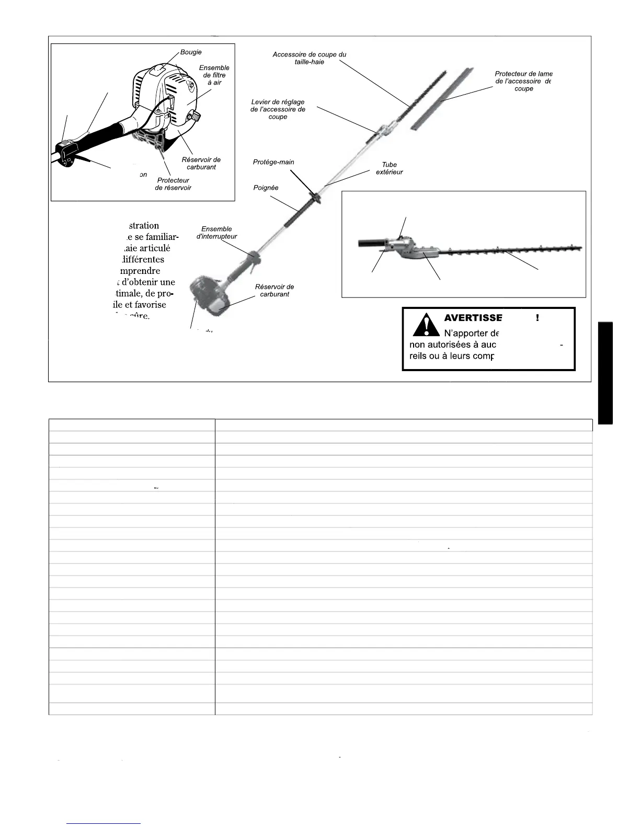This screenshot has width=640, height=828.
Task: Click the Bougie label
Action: (x=191, y=52)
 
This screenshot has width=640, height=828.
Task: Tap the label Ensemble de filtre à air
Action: (x=214, y=75)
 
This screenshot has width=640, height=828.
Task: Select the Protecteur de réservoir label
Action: (x=173, y=184)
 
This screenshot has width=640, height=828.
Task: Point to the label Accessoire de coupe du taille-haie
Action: (x=309, y=58)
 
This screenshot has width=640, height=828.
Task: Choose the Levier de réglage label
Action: (x=278, y=109)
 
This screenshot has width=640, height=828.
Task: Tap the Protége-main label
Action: (x=273, y=162)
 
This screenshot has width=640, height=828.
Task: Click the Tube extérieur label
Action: (x=390, y=168)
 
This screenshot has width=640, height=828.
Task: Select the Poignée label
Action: (x=266, y=188)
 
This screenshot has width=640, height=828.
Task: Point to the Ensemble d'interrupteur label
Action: (x=216, y=233)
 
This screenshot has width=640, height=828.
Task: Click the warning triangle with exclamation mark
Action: (x=426, y=325)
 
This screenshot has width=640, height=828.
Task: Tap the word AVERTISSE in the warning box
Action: (x=473, y=318)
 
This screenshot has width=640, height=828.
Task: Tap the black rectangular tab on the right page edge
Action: (x=605, y=373)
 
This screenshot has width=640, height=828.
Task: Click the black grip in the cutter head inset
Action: (x=372, y=243)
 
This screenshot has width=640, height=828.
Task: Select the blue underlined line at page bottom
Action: (x=104, y=823)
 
